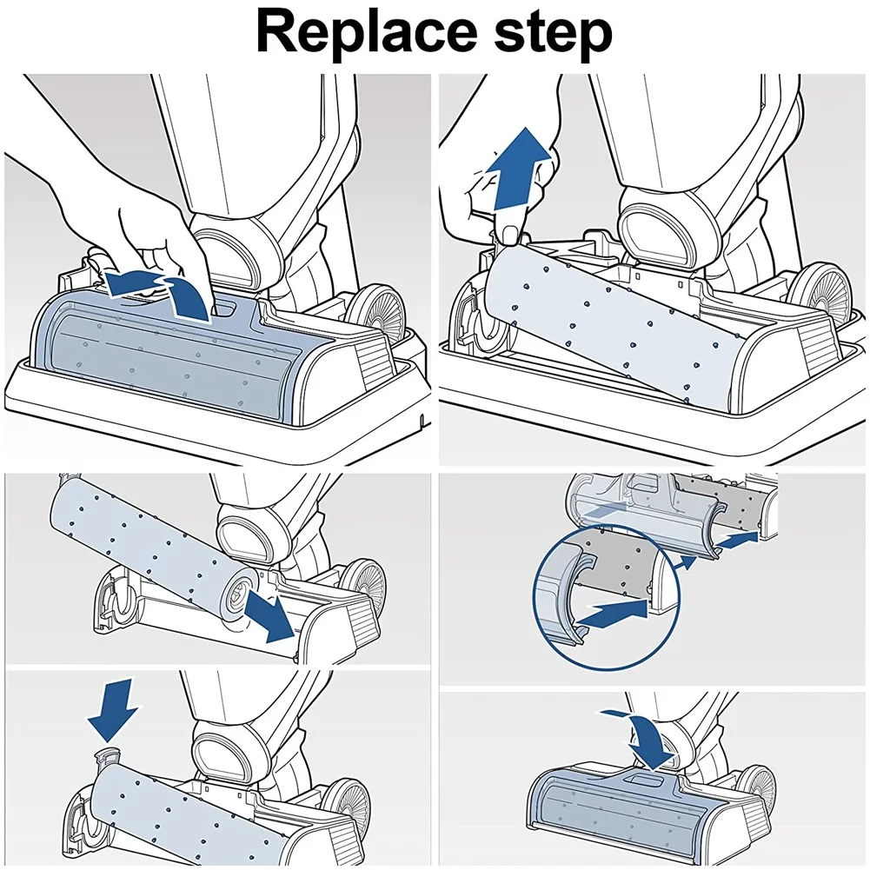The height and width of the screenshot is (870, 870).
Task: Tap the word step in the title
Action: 548,35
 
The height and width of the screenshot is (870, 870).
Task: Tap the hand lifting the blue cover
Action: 148,217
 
